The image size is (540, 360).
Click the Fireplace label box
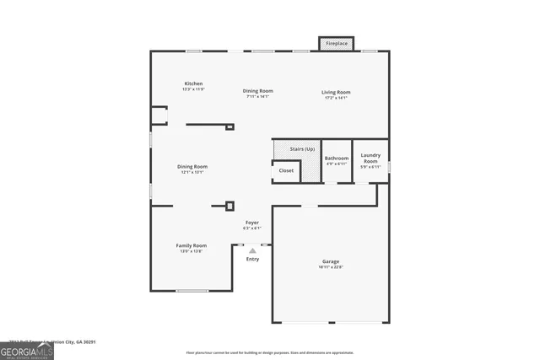click(x=336, y=43)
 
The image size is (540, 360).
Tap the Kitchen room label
click(x=194, y=83)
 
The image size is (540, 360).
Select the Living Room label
click(x=336, y=91)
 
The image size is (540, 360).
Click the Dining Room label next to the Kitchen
click(x=258, y=90)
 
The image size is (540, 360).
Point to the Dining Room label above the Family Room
click(x=192, y=166)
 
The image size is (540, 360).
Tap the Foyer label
click(x=252, y=222)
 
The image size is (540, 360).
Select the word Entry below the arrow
click(x=253, y=259)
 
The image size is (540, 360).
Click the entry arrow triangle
click(x=252, y=250)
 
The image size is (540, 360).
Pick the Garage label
click(x=331, y=261)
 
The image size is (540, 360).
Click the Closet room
click(x=286, y=171)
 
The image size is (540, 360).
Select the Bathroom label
click(x=337, y=158)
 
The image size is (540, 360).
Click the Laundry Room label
click(x=370, y=157)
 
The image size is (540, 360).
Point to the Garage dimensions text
click(x=331, y=267)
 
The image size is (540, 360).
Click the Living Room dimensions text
click(x=336, y=98)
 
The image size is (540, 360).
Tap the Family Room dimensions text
click(x=191, y=251)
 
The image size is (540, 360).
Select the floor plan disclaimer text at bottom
click(x=270, y=352)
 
